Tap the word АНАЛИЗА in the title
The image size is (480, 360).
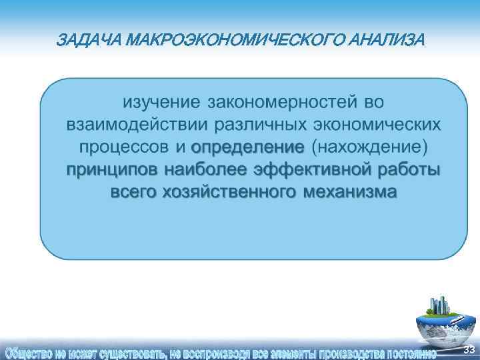(x=385, y=41)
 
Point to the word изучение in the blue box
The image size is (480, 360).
(x=161, y=103)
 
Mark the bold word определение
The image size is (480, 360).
(x=247, y=147)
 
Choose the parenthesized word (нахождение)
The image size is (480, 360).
(x=369, y=147)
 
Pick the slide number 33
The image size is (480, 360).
(x=469, y=350)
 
